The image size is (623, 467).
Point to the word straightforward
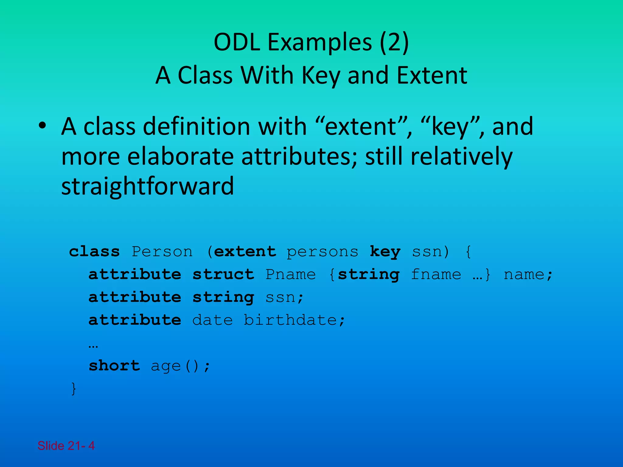coord(148,186)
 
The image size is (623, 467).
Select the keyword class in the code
coord(94,252)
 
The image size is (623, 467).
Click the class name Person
coord(162,252)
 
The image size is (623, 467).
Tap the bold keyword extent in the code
coord(245,252)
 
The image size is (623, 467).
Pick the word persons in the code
coord(322,252)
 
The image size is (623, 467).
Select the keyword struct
coord(224,275)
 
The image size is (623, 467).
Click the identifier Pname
coord(291,275)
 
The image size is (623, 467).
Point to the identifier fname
coord(436,275)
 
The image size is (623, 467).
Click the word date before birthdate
coord(213,320)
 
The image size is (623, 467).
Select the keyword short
coord(114,365)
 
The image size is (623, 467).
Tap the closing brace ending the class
coord(73,389)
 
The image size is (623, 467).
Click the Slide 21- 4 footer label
coord(66,446)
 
